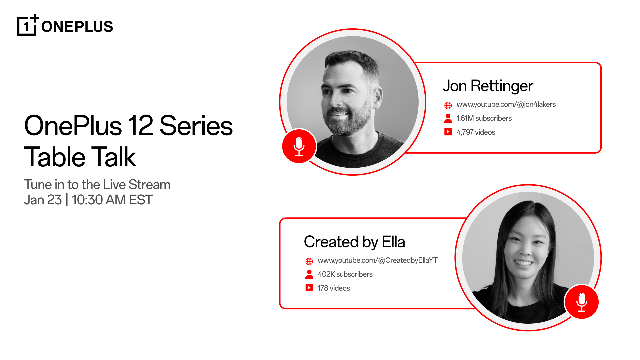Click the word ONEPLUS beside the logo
[77, 27]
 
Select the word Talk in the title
[114, 157]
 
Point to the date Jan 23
[43, 200]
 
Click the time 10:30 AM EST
[112, 200]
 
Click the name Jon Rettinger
[488, 86]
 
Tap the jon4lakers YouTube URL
[506, 105]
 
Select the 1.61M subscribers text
[484, 118]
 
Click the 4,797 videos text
[476, 132]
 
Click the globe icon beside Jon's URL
[448, 105]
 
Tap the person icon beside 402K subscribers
[309, 274]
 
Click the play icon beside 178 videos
[309, 288]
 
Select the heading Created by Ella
[354, 242]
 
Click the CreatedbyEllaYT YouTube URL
[377, 261]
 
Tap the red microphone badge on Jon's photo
[299, 146]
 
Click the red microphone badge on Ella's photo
[582, 302]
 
